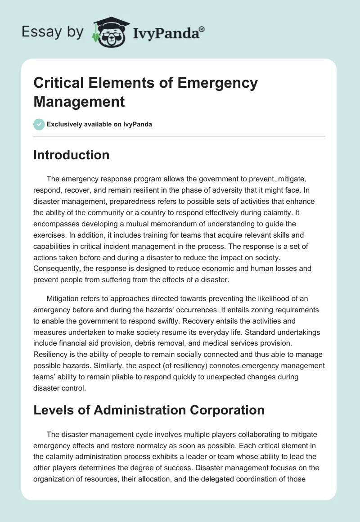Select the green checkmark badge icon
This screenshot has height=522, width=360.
point(39,124)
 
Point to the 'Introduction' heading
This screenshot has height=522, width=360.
point(72,155)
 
